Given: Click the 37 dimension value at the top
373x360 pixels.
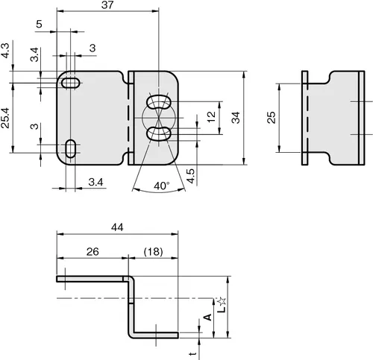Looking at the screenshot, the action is (x=107, y=5).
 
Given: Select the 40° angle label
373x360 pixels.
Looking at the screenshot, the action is (x=162, y=186).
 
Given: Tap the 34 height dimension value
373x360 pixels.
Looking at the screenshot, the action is (x=236, y=117).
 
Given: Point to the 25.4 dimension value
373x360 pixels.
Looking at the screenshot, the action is (x=5, y=118).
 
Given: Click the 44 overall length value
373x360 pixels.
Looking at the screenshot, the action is (x=117, y=227).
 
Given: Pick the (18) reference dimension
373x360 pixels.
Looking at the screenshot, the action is (x=154, y=251).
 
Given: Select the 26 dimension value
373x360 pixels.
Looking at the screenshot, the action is (x=93, y=252).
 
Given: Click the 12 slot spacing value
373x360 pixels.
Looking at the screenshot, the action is (x=211, y=117).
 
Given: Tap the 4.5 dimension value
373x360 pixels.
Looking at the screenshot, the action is (x=191, y=176).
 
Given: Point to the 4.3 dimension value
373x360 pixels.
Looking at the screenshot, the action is (x=5, y=51).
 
